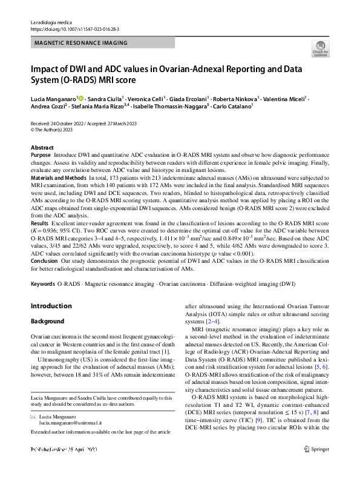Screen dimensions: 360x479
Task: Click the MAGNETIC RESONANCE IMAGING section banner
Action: click(x=81, y=43)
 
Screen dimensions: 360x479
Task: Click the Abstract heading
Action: click(x=42, y=148)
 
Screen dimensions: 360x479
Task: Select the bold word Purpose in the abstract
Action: click(x=41, y=156)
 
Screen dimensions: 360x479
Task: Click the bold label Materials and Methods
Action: click(x=58, y=178)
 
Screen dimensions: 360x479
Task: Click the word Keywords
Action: click(x=43, y=283)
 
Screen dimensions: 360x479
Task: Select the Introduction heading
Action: click(x=51, y=306)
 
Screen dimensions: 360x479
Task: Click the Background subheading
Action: click(x=47, y=321)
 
